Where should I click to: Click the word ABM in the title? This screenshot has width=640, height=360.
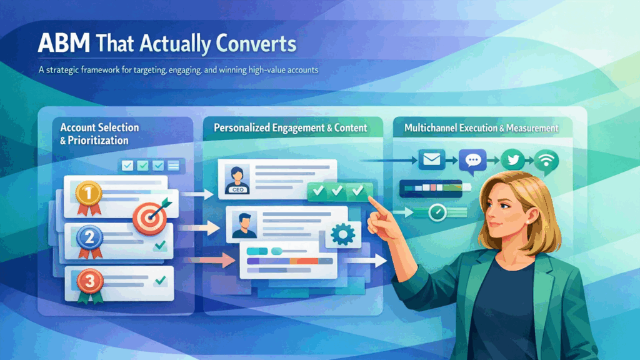click(x=62, y=44)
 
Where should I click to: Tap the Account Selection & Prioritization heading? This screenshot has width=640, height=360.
click(x=99, y=134)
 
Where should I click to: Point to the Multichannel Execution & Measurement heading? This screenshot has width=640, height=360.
click(x=481, y=128)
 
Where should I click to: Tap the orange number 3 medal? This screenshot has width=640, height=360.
click(x=89, y=282)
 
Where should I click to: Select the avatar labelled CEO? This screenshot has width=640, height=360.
click(x=239, y=179)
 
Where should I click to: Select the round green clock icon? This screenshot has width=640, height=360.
click(x=437, y=214)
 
